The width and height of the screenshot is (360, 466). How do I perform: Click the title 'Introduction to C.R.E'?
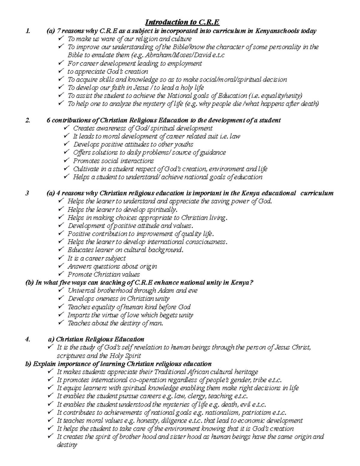point(182,22)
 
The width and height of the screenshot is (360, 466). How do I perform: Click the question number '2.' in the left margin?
point(28,120)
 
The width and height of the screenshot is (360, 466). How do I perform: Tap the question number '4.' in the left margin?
point(28,339)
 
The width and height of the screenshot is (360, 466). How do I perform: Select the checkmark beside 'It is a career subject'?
point(61,258)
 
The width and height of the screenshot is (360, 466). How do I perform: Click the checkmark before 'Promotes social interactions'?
point(67,161)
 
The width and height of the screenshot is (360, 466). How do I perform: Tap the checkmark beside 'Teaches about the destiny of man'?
point(61,323)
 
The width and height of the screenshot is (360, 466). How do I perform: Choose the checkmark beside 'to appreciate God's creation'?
point(61,71)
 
